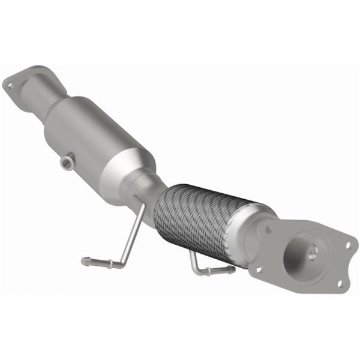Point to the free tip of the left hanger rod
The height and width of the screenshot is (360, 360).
[85, 260]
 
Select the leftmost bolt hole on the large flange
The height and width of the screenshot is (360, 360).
[258, 269]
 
